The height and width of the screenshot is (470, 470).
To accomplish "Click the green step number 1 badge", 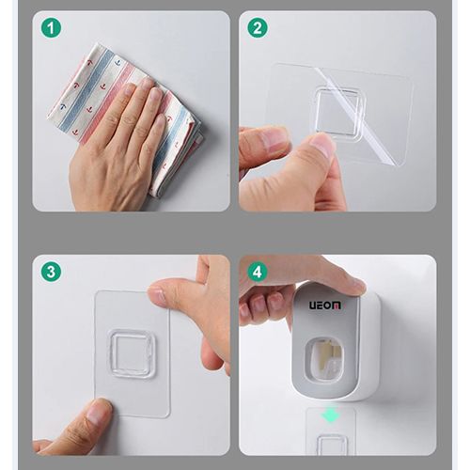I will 51,28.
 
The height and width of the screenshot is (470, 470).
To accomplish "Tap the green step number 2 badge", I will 257,28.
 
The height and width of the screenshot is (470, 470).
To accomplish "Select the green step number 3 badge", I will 51,272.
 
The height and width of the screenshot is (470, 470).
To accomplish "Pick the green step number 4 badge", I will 257,272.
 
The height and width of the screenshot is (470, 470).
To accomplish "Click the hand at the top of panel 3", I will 202,310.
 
